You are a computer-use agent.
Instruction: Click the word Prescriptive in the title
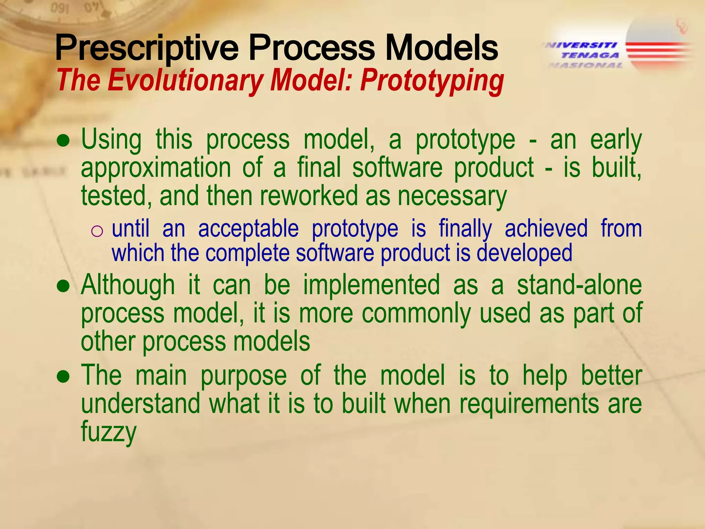(x=147, y=48)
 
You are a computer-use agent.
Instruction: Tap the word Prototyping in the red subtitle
(x=432, y=81)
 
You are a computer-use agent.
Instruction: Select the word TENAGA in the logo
(x=590, y=55)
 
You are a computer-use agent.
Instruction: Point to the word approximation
(x=156, y=168)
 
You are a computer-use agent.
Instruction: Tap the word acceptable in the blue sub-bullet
(x=248, y=229)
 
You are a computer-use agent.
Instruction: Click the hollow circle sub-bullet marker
(x=97, y=231)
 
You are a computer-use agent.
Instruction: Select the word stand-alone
(x=579, y=286)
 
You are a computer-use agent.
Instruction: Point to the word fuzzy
(x=109, y=432)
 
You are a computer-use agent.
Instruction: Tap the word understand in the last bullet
(x=140, y=404)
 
